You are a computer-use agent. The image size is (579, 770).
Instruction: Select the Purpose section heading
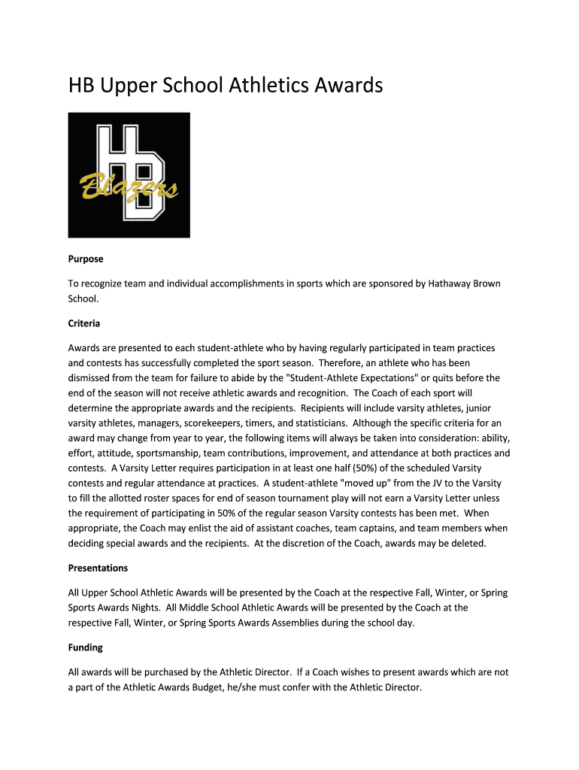(86, 259)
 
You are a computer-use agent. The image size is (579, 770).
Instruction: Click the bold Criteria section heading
(84, 323)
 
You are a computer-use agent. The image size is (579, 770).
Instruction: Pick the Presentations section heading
(99, 568)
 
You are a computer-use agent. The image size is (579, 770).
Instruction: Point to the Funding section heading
(86, 647)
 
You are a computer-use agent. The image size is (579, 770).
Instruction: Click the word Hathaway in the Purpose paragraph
(450, 283)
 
